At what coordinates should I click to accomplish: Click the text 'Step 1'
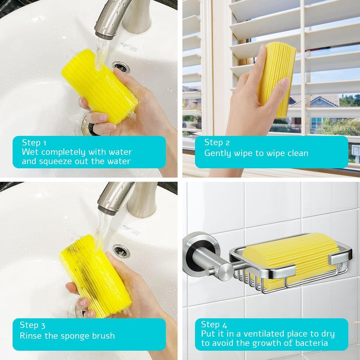34,143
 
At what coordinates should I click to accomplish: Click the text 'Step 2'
217,142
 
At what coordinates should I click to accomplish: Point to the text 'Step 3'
32,325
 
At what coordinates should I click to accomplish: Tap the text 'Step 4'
214,325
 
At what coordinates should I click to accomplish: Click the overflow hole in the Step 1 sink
121,67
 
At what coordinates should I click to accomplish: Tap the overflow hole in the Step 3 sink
121,251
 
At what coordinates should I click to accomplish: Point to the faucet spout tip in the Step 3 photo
107,210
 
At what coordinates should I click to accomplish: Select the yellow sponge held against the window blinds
276,79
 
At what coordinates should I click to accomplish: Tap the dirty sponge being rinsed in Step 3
95,276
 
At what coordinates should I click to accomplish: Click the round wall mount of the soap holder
200,255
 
